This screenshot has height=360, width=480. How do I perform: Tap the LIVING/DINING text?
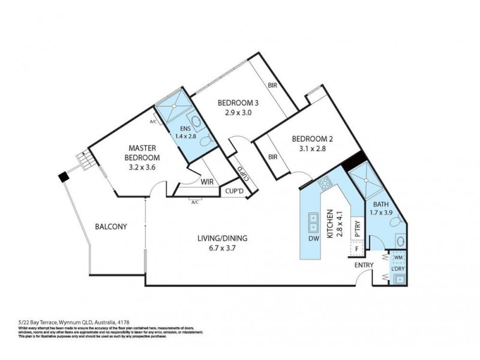pos(223,238)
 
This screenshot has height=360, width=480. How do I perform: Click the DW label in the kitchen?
pos(313,239)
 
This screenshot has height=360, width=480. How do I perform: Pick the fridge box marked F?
pos(356,248)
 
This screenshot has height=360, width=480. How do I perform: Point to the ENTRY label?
pos(364,265)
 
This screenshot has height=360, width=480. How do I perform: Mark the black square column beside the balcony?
pos(62,176)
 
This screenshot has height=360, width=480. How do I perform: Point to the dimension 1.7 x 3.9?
pos(385,212)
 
